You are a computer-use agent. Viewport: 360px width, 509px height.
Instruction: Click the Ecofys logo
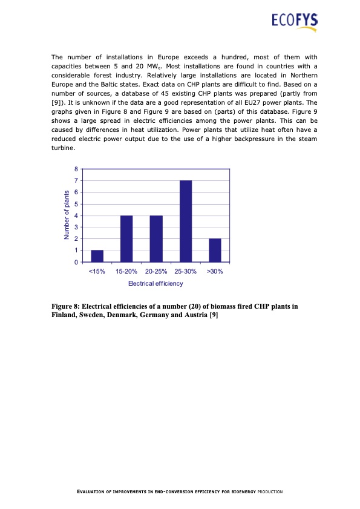[x=293, y=23]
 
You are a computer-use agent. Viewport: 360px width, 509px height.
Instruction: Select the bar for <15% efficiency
[x=97, y=256]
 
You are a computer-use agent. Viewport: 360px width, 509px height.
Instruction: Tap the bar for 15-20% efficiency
[x=126, y=238]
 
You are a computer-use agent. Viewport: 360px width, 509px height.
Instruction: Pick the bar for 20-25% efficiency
[x=156, y=238]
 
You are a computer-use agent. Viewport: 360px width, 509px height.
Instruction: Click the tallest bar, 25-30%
[x=186, y=221]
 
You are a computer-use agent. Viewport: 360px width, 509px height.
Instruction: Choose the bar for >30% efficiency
[x=215, y=250]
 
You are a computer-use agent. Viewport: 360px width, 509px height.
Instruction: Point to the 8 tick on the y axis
[x=76, y=169]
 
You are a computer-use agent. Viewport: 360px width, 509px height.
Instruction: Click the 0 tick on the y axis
[x=76, y=263]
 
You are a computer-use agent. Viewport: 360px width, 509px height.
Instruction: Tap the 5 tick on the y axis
[x=76, y=204]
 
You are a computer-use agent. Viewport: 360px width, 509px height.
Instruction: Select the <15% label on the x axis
[x=97, y=272]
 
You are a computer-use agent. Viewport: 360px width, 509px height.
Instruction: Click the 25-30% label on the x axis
[x=186, y=272]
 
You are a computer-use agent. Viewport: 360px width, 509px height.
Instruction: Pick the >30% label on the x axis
[x=215, y=272]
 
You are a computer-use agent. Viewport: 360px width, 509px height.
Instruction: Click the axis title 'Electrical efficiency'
[x=155, y=283]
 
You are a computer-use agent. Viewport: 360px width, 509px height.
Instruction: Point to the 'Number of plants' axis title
[x=67, y=215]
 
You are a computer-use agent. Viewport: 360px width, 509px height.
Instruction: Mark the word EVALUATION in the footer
[x=95, y=491]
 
